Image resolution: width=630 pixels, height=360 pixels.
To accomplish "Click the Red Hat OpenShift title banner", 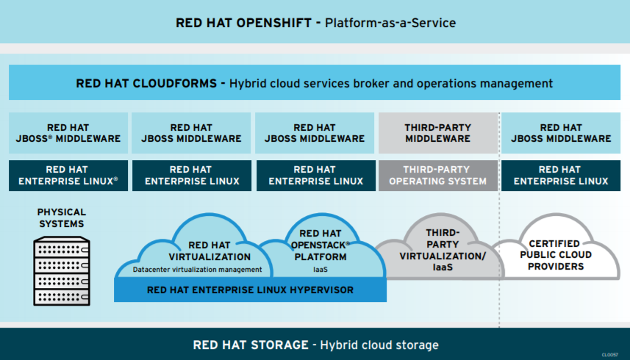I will click(315, 22).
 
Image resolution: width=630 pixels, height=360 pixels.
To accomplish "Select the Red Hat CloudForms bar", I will click(315, 83).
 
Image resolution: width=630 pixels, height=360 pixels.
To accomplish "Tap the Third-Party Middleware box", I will click(437, 133).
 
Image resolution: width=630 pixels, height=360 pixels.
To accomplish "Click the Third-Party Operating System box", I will click(437, 176).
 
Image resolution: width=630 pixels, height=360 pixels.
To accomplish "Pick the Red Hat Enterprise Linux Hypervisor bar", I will click(250, 290).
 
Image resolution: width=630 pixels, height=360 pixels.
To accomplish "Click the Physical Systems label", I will click(62, 217).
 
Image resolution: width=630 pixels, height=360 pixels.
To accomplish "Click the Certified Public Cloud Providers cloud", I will click(555, 254).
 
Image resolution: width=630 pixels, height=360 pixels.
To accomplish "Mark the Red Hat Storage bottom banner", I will click(315, 345).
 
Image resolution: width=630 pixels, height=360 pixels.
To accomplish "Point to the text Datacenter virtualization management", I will click(197, 270).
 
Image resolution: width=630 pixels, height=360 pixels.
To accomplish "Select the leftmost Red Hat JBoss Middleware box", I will click(68, 133).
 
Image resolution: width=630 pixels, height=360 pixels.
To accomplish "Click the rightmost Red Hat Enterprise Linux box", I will click(561, 176).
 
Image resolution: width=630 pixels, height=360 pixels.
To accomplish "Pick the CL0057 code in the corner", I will click(609, 355).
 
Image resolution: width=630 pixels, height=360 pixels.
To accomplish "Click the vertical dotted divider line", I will click(499, 220).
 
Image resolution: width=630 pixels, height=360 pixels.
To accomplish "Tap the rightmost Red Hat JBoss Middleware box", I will click(561, 133).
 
